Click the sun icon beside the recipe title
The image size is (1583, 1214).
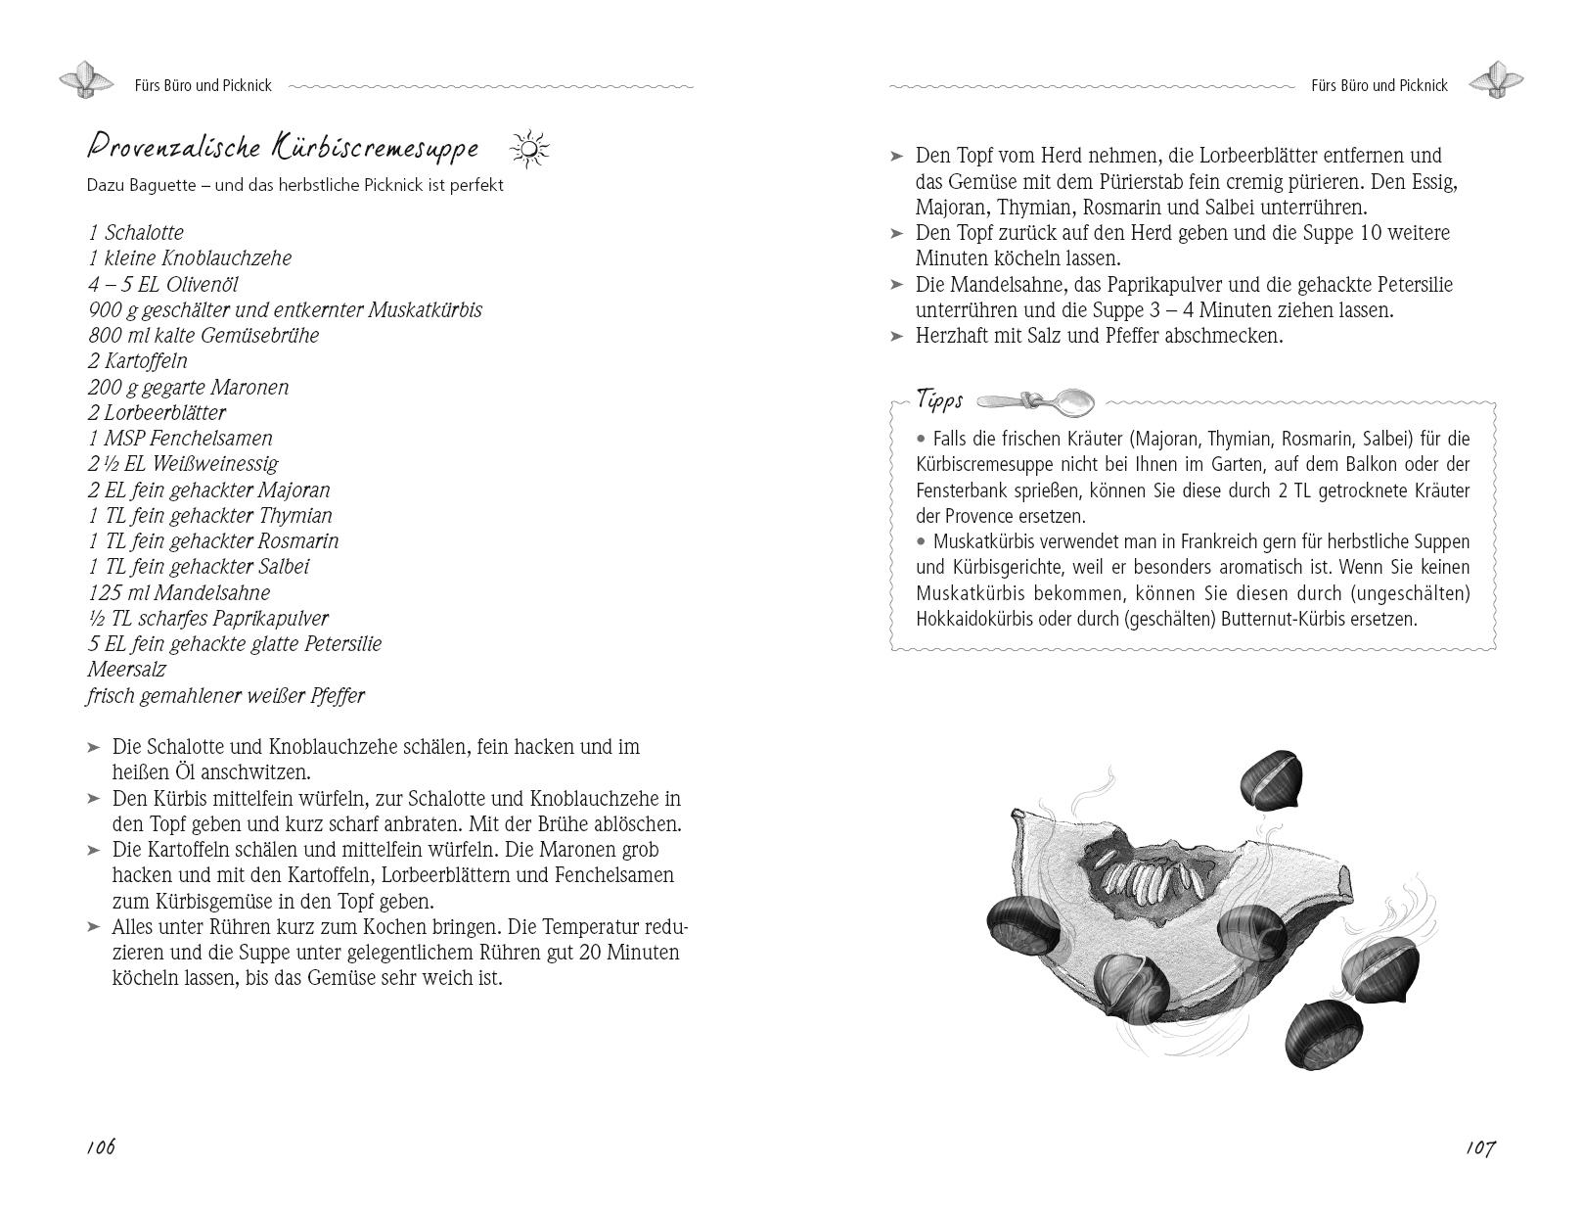[x=529, y=149]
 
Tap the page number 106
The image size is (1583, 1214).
[x=101, y=1146]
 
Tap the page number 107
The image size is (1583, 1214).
[x=1480, y=1147]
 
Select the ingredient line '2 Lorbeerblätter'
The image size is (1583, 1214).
[x=157, y=412]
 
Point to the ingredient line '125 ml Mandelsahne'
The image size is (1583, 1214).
[x=178, y=592]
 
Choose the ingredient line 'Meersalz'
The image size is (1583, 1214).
[x=126, y=670]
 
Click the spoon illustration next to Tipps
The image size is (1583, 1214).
[x=1036, y=400]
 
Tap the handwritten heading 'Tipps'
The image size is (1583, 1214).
[x=939, y=399]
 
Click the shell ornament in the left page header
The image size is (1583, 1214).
[x=87, y=80]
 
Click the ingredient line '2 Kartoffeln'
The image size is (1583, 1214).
[x=137, y=360]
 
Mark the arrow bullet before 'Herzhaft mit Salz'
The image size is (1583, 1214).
[x=897, y=336]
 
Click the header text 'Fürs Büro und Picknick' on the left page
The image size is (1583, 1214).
[x=204, y=86]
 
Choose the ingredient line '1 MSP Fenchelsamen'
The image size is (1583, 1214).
[x=180, y=438]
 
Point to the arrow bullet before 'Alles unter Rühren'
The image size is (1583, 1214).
[x=94, y=926]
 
